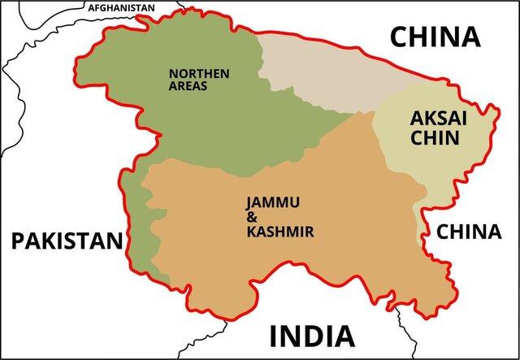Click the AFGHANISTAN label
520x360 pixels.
pos(121,7)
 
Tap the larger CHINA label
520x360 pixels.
pos(434,37)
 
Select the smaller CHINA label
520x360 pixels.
pos(469,232)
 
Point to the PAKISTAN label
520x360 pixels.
pos(67,241)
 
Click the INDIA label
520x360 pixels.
pos(312,335)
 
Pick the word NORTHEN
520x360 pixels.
pos(199,73)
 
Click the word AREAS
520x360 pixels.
pos(188,86)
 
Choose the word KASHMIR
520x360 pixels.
pos(280,232)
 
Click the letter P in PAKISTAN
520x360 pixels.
pos(17,241)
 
